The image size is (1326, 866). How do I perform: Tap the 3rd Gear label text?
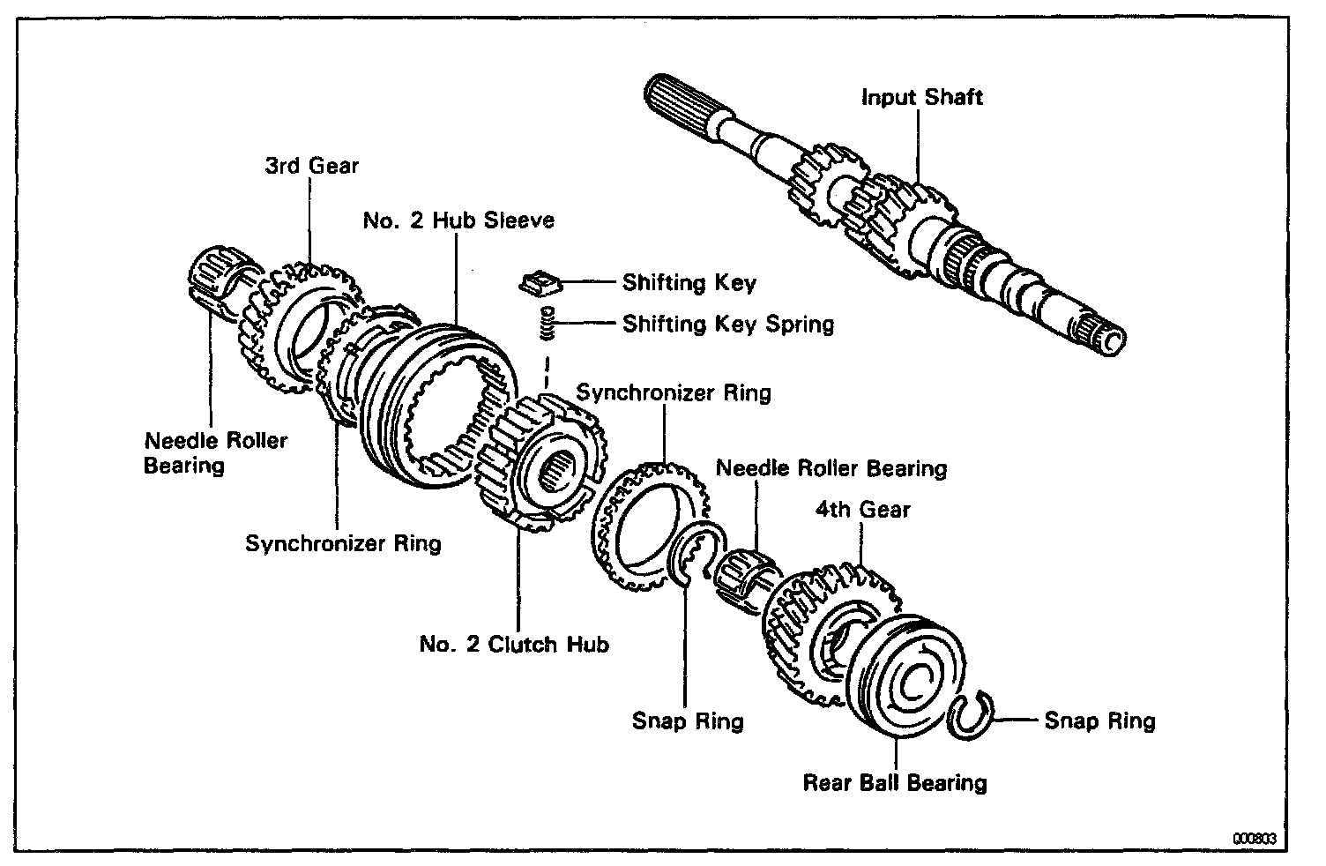pyautogui.click(x=311, y=165)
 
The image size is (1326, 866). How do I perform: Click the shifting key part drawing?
pyautogui.click(x=540, y=283)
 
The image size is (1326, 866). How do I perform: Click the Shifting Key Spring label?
pyautogui.click(x=727, y=324)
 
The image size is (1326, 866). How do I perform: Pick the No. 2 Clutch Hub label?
pyautogui.click(x=514, y=644)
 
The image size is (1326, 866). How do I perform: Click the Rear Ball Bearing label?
pyautogui.click(x=894, y=782)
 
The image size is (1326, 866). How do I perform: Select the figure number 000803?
pyautogui.click(x=1255, y=839)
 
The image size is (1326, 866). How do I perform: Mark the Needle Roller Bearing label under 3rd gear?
pyautogui.click(x=215, y=452)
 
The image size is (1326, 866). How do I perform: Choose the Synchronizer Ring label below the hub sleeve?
pyautogui.click(x=343, y=542)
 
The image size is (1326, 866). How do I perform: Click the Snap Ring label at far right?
pyautogui.click(x=1099, y=720)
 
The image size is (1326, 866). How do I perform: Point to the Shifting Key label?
pyautogui.click(x=689, y=282)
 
